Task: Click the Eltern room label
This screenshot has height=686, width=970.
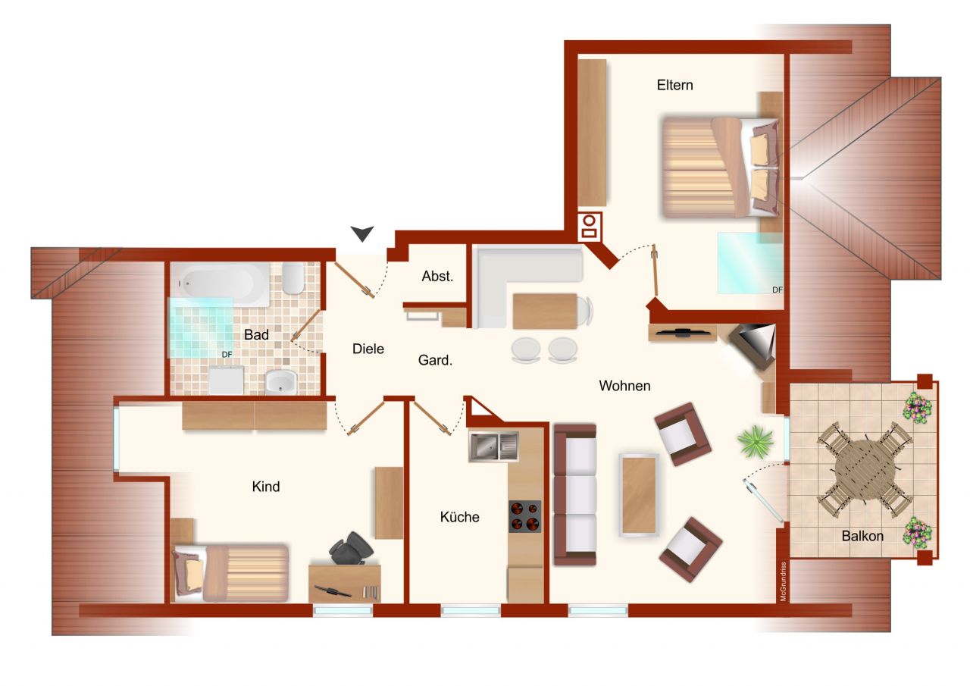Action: coord(674,85)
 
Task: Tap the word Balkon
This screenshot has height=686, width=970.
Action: coord(862,536)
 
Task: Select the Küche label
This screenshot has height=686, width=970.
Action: coord(459,517)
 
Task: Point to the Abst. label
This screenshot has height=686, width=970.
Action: coord(437,277)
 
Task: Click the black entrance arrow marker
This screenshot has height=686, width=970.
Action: coord(362,233)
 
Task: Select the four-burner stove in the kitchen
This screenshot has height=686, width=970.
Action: coord(524,516)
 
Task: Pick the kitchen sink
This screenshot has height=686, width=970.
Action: coord(493,446)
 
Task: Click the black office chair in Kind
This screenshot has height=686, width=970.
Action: coord(350,548)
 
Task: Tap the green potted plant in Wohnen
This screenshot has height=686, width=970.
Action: coord(756,440)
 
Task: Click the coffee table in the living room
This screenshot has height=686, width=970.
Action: coord(638,494)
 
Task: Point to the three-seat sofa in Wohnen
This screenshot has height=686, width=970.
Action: coord(575,494)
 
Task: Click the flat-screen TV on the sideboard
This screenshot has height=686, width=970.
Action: coord(683,331)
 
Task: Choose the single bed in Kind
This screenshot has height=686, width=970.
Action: coord(230,572)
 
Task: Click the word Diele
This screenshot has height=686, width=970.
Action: coord(368,349)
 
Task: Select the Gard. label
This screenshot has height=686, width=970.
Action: coord(435,361)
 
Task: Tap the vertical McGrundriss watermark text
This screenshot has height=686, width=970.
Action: coord(782,581)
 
